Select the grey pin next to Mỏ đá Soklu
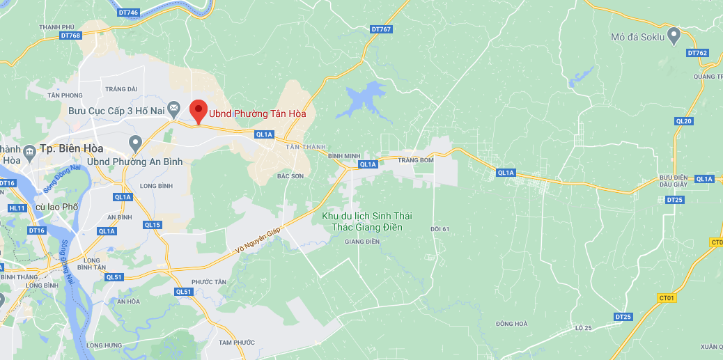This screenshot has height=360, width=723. coord(674,36)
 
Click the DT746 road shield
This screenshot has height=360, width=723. coord(130,13)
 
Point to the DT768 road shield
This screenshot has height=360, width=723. coord(70,36)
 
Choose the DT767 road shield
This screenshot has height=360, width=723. coord(381,29)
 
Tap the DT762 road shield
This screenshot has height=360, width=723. coord(697,53)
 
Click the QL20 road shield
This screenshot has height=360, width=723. coord(684,121)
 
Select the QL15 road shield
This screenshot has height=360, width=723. coord(153,225)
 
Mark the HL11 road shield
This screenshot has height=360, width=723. coord(17,208)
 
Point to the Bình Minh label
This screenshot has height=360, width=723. coord(343,156)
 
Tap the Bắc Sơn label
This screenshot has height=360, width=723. coord(290,176)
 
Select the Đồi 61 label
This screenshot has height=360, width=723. coord(440,228)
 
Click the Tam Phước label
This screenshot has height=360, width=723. coord(237,343)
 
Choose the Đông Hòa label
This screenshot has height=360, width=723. coord(512,323)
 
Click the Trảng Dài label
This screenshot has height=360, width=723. coord(121,88)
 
